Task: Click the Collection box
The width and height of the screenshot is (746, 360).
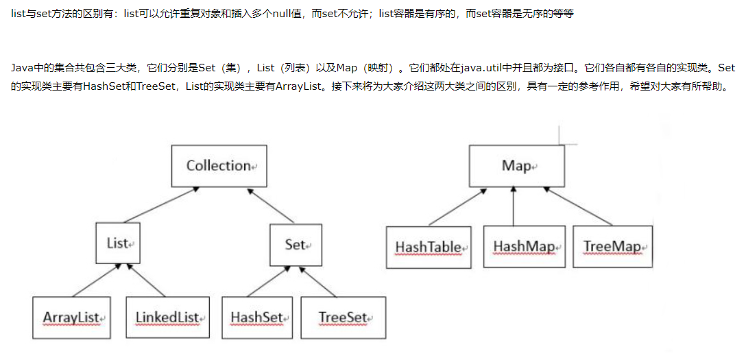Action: pos(219,166)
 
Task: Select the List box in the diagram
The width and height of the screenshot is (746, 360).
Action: pos(119,243)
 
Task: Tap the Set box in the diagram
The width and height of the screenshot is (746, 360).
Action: pos(296,245)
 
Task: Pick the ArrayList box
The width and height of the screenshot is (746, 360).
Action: pos(71,317)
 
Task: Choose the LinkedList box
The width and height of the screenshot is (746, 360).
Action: pos(167,317)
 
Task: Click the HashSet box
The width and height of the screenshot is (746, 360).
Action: pos(256,317)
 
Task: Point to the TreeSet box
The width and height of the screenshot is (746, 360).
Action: pos(343,317)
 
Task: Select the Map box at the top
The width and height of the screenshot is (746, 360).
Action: pos(516,166)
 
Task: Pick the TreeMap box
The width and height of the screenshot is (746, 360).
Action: pos(612,246)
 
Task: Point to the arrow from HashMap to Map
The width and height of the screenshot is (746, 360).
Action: pos(514,206)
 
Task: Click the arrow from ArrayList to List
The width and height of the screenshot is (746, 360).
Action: pos(89,280)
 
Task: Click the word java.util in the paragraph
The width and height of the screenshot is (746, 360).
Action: pos(482,68)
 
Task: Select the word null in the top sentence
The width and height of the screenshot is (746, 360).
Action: pos(283,14)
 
